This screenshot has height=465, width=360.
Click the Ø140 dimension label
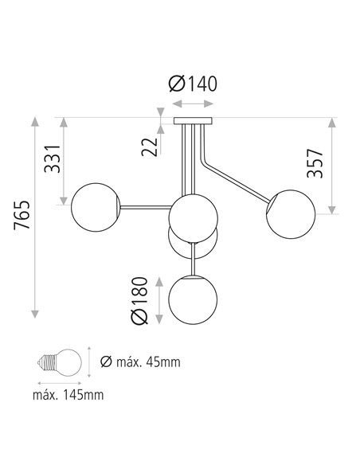pyautogui.click(x=193, y=84)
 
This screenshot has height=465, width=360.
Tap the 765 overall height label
pyautogui.click(x=22, y=215)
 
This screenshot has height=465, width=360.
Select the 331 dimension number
pyautogui.click(x=53, y=158)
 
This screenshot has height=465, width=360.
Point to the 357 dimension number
pyautogui.click(x=315, y=163)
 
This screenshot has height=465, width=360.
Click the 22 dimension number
pyautogui.click(x=150, y=147)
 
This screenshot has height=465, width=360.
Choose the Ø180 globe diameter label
pyautogui.click(x=139, y=301)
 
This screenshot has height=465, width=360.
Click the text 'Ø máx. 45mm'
pyautogui.click(x=140, y=362)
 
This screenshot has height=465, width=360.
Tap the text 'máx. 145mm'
pyautogui.click(x=68, y=395)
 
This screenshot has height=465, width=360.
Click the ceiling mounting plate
pyautogui.click(x=193, y=121)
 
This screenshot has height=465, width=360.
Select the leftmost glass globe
pyautogui.click(x=96, y=207)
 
